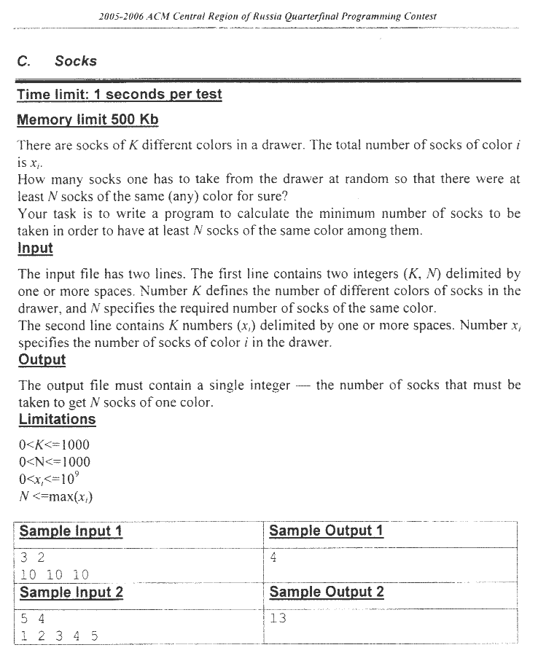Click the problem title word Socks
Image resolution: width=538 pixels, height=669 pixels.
[x=75, y=61]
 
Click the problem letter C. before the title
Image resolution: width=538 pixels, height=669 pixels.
[x=24, y=61]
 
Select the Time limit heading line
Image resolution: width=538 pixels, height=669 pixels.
[x=120, y=95]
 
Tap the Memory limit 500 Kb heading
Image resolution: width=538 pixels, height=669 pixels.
[x=87, y=120]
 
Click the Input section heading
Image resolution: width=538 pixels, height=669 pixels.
[x=35, y=249]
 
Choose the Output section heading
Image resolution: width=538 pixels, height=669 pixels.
[x=42, y=359]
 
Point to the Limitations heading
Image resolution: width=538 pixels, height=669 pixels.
[x=57, y=420]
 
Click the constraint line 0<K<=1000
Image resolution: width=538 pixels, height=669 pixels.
[x=54, y=445]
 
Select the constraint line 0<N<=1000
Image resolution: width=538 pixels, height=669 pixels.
[x=54, y=461]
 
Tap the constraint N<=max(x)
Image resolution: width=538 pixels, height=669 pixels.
[x=55, y=497]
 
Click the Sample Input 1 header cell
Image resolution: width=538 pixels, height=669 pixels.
[x=71, y=531]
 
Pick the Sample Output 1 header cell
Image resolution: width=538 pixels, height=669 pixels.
[x=326, y=531]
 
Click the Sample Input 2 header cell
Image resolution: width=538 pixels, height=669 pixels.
[x=71, y=592]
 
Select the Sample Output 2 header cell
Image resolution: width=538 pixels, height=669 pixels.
[x=326, y=592]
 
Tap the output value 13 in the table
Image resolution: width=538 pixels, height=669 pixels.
[x=278, y=619]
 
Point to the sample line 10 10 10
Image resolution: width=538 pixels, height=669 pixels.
[x=55, y=575]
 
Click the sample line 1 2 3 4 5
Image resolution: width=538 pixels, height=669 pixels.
[x=59, y=635]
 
